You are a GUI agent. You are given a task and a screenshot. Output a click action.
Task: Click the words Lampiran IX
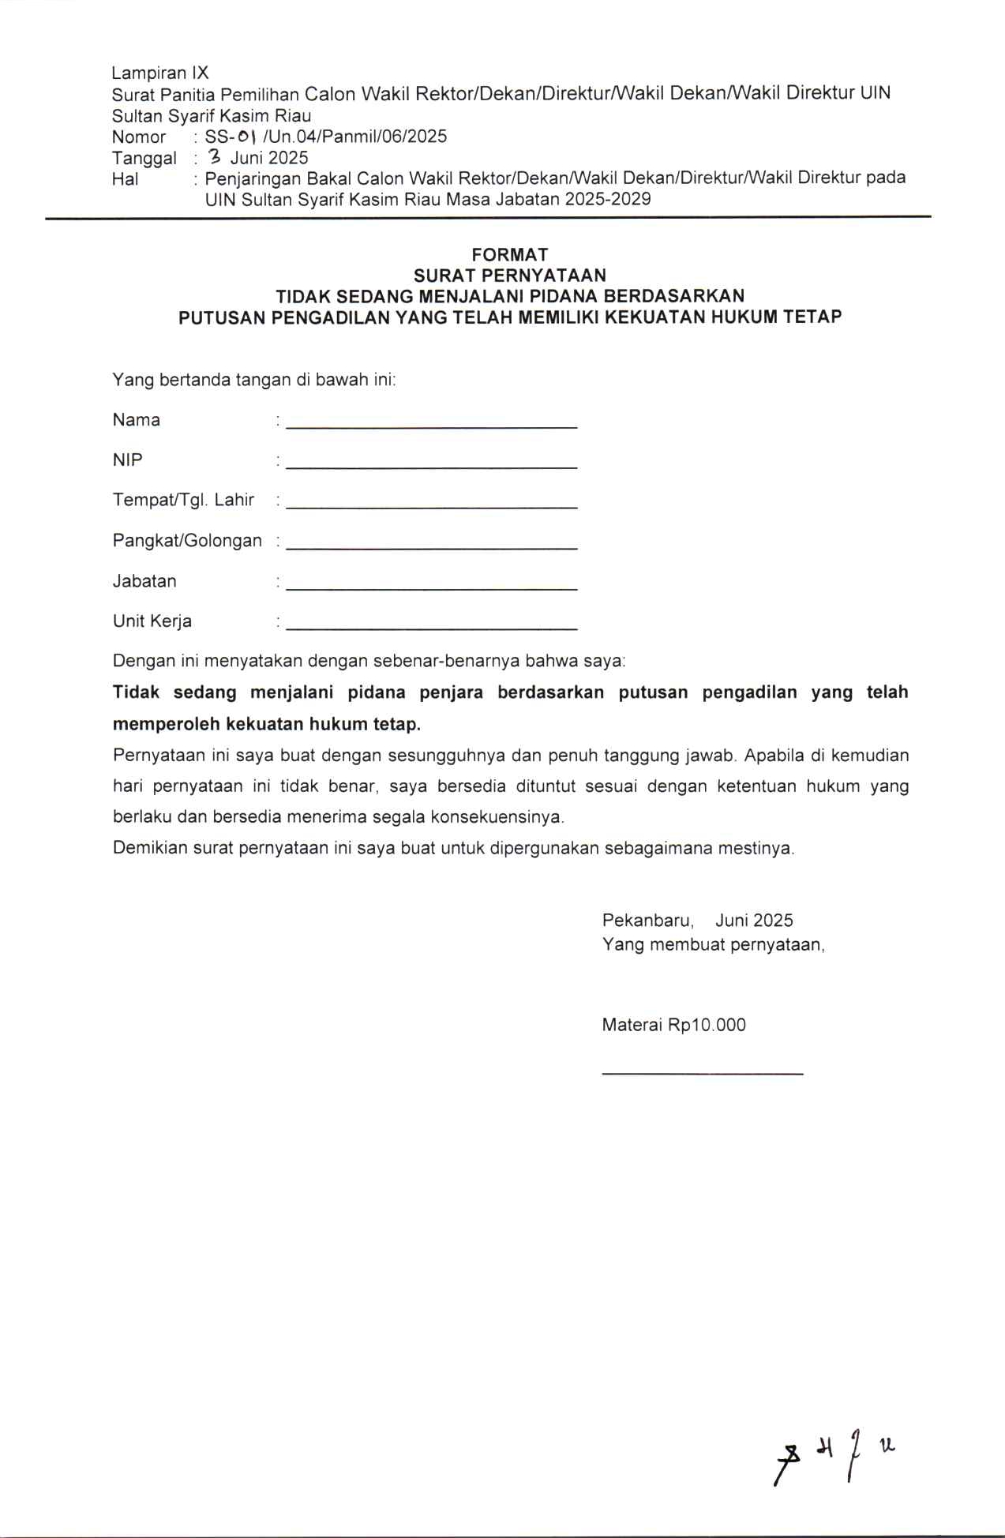click(x=160, y=73)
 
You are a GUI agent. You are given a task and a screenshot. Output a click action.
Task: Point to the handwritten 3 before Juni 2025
click(x=214, y=156)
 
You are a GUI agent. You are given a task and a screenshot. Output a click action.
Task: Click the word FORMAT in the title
click(x=509, y=254)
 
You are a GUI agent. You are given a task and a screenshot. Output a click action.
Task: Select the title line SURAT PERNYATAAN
click(x=509, y=275)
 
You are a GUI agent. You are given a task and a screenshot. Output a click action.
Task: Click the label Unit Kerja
click(x=152, y=621)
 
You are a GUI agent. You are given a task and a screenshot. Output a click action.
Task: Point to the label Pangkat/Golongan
click(x=187, y=541)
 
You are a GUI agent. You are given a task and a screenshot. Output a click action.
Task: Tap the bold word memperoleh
click(x=166, y=724)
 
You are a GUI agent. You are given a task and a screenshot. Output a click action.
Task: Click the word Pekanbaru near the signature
click(x=647, y=921)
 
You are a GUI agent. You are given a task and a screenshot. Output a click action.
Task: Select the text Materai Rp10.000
click(x=673, y=1025)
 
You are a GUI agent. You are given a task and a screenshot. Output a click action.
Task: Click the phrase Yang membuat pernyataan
click(x=713, y=945)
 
